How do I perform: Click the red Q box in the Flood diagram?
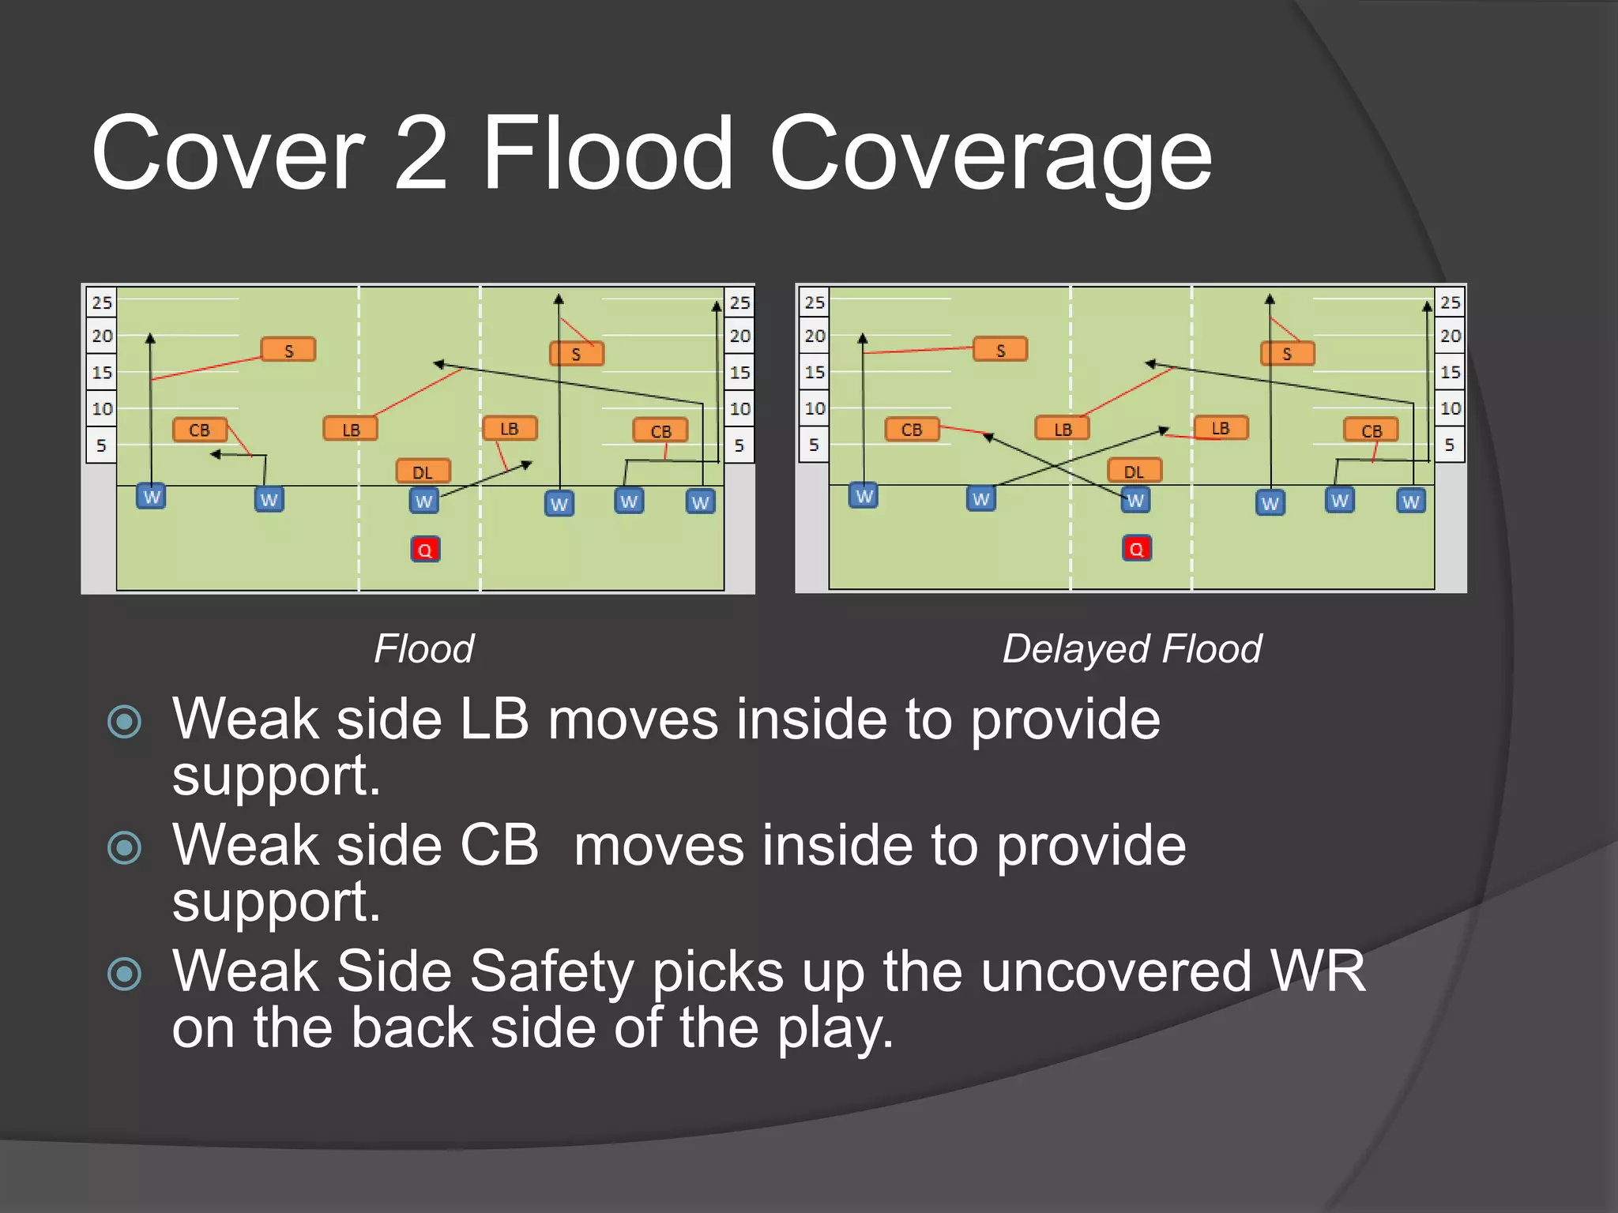[425, 550]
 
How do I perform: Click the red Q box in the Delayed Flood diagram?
[1137, 549]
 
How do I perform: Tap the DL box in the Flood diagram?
[423, 472]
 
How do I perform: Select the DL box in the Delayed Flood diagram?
[1134, 471]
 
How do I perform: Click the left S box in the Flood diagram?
[288, 350]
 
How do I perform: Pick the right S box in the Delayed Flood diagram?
[1288, 353]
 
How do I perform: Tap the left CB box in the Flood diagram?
[200, 430]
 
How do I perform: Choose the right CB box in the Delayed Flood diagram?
[1372, 430]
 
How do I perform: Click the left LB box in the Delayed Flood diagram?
[1063, 429]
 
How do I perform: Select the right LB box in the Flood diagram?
[510, 428]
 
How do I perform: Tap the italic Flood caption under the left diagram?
[424, 649]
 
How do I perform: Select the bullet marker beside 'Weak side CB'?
[125, 848]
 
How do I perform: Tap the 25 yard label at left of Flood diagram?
[102, 302]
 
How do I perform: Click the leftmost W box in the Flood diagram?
[151, 497]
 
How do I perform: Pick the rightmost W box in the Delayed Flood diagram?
[1411, 501]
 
